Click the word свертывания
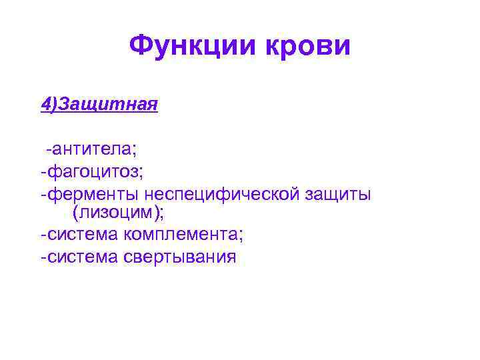[x=180, y=257]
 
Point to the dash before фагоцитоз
[x=43, y=172]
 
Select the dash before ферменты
[x=43, y=195]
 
